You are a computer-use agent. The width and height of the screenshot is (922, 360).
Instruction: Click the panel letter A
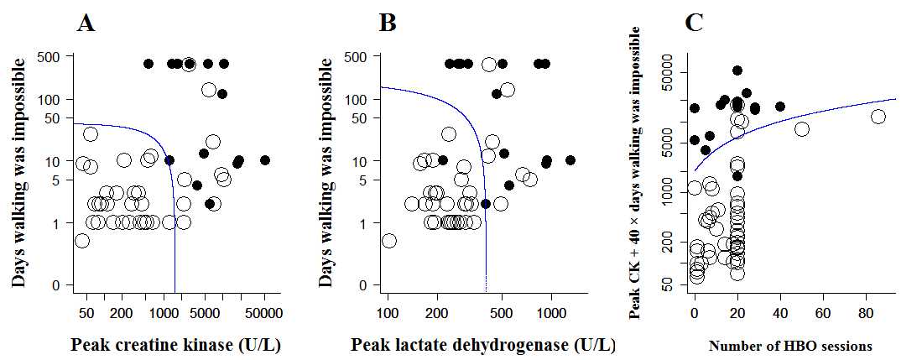coord(85,23)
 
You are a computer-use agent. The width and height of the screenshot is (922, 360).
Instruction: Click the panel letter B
coord(387,23)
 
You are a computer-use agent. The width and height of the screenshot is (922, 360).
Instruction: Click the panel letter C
coord(694,23)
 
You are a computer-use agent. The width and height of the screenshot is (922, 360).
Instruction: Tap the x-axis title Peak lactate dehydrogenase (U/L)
coord(482,345)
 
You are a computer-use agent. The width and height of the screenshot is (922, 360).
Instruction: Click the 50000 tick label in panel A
coord(264,315)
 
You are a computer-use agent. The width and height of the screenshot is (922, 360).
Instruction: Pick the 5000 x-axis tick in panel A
coord(205,315)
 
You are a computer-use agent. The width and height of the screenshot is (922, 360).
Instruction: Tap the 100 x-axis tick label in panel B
coord(388,315)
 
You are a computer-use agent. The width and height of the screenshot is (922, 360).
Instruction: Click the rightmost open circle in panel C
coord(878,117)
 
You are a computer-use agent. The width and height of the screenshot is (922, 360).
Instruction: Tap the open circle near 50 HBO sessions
coord(801,128)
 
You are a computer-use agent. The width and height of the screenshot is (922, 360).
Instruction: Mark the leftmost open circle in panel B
coord(388,241)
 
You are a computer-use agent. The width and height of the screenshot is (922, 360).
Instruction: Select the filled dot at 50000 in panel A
coord(265,159)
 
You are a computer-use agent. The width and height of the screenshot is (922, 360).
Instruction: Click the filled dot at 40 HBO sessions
coord(780,107)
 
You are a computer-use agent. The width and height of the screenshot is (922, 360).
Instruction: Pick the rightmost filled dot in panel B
coord(570,159)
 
